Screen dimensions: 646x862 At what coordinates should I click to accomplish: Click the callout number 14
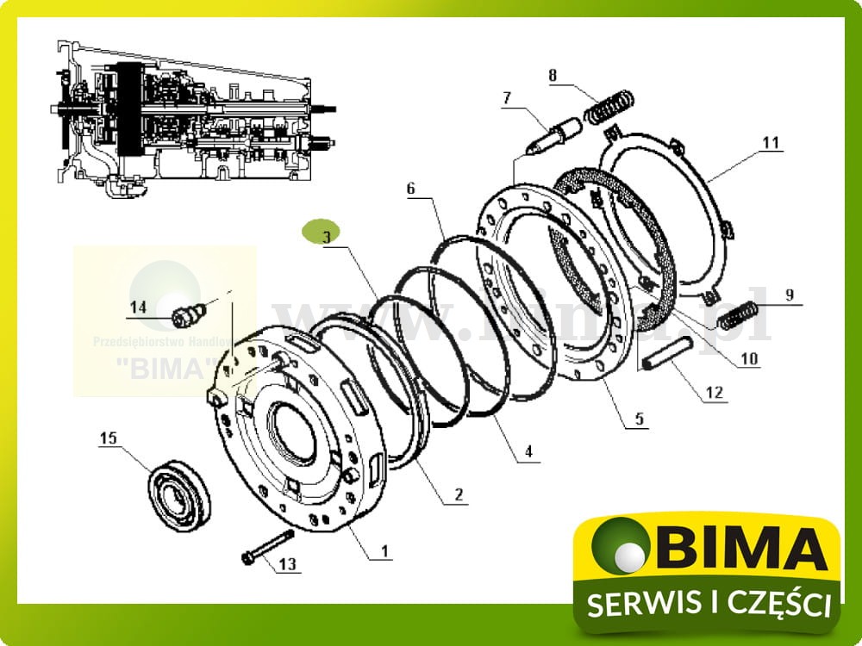point(139,307)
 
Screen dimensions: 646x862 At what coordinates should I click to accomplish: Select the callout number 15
point(108,439)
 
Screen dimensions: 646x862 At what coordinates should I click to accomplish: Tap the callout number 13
point(287,565)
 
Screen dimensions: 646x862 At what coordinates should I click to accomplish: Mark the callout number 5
point(639,420)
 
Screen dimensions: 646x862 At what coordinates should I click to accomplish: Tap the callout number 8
point(553,75)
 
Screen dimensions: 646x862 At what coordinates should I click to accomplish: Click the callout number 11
point(770,141)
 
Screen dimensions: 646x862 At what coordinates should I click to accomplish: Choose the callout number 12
point(715,393)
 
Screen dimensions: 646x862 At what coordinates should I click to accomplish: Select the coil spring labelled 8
point(611,108)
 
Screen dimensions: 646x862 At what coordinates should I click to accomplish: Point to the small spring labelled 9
point(739,314)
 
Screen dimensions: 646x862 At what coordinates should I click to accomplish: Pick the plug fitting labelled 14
point(185,314)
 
